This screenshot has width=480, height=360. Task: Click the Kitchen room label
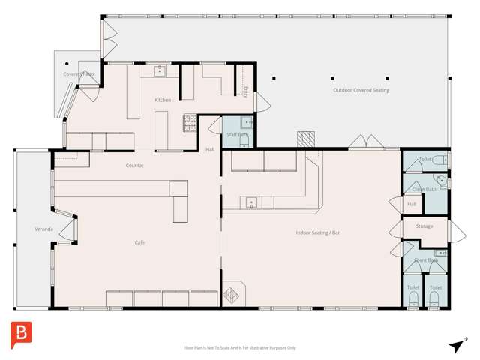click(163, 100)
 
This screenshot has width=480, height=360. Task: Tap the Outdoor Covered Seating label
click(361, 90)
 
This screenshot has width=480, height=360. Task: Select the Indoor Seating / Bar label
click(318, 233)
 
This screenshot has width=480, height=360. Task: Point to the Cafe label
click(139, 242)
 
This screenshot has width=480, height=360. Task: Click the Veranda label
click(43, 229)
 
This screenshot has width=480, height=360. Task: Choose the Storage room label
click(424, 226)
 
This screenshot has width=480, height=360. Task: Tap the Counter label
click(134, 165)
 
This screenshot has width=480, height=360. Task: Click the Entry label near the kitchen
click(246, 91)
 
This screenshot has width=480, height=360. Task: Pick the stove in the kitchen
click(190, 122)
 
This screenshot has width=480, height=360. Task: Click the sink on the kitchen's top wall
click(160, 71)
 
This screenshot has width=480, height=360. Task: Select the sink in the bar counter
click(251, 202)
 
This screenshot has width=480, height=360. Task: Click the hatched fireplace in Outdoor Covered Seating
click(304, 139)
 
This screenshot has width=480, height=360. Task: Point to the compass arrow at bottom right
click(456, 345)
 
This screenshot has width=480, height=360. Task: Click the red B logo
click(20, 334)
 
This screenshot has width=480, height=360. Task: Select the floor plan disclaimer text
click(240, 347)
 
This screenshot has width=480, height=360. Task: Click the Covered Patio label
click(78, 74)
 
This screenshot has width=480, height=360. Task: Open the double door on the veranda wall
click(67, 231)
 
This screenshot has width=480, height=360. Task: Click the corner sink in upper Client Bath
click(442, 180)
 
